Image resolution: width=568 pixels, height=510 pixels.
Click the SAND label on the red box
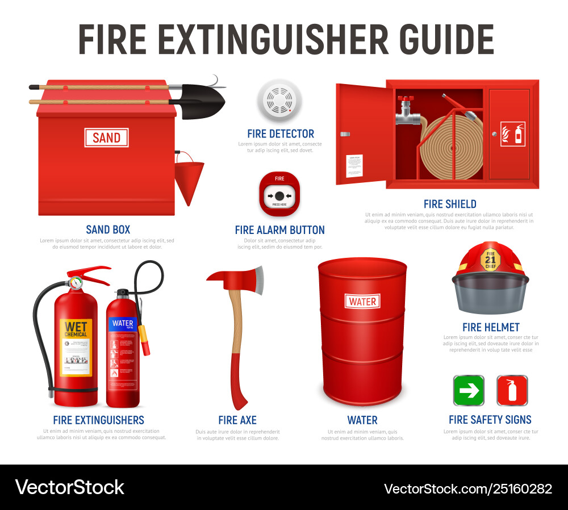107,137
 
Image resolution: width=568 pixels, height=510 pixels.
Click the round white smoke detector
276,101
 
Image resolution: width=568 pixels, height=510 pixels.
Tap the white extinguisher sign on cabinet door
512,134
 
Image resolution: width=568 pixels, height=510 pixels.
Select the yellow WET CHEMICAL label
76,346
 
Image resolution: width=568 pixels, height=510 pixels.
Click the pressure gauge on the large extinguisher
74,282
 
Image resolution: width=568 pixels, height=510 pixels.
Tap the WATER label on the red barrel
362,301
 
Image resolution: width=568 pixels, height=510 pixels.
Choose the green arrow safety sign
469,391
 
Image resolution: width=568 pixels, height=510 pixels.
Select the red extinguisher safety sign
512,391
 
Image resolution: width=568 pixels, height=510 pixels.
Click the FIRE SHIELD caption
450,204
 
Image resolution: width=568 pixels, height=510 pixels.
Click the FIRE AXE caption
237,420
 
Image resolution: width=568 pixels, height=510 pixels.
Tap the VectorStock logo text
69,487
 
